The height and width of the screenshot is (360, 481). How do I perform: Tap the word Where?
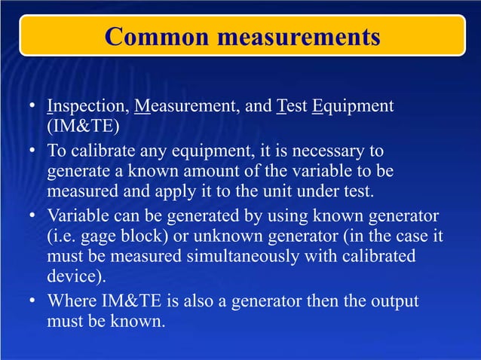point(72,301)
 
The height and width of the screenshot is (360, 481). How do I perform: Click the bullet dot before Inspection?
point(32,106)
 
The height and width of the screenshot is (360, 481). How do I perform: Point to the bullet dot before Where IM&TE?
point(32,302)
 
